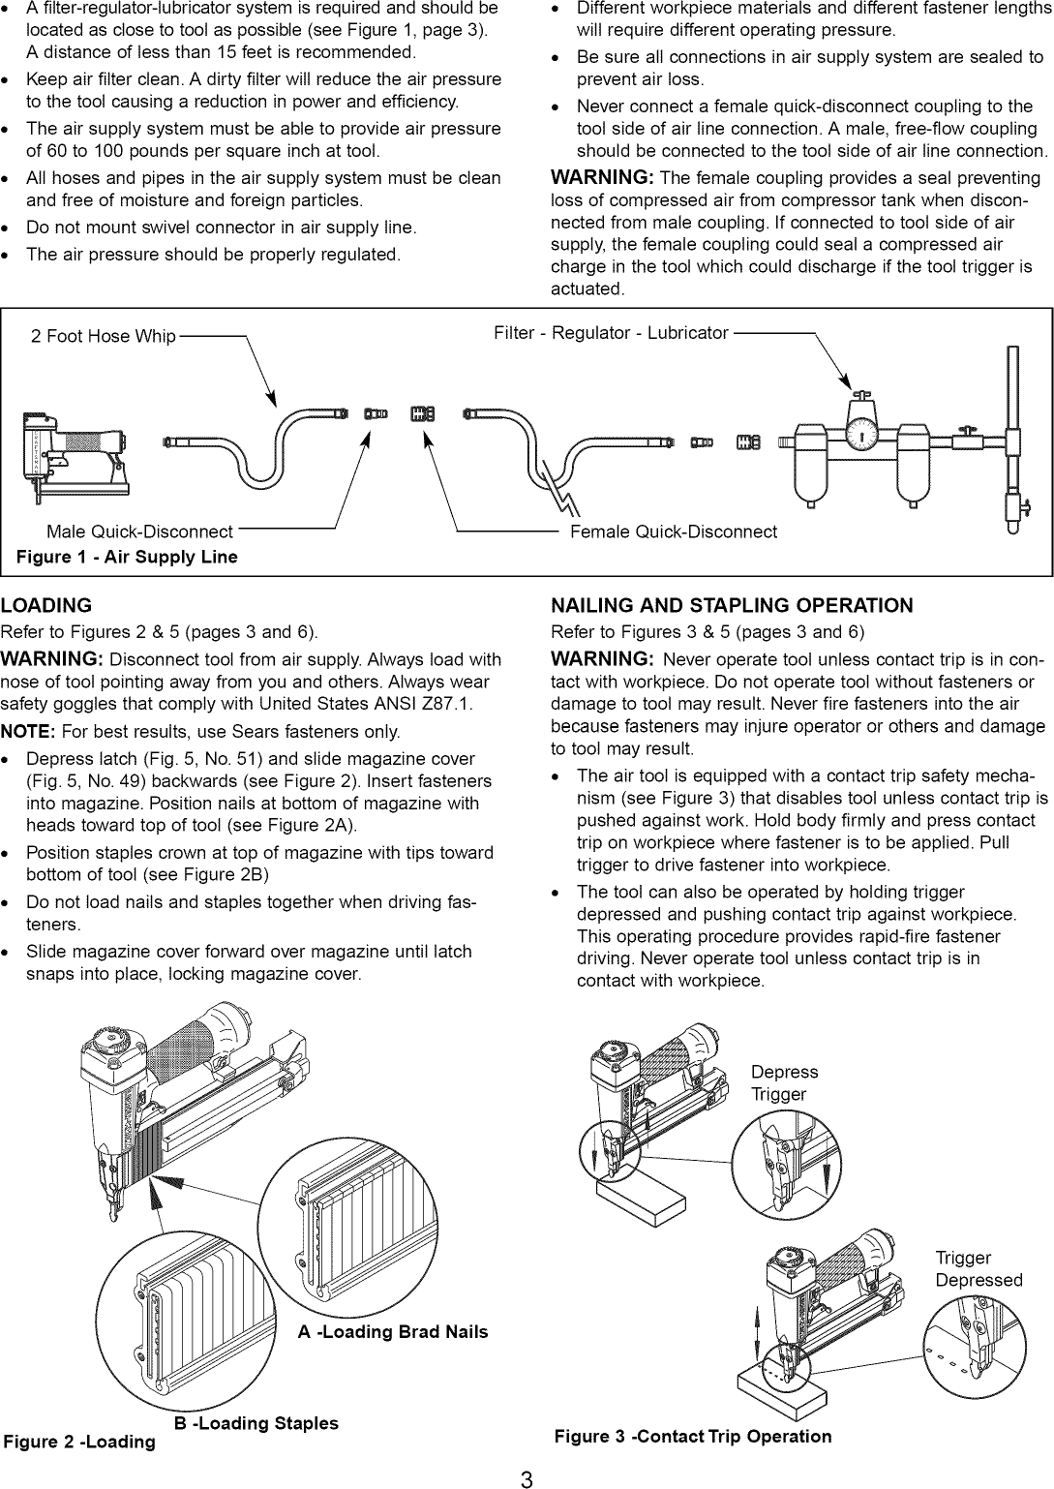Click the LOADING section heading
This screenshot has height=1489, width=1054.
[46, 606]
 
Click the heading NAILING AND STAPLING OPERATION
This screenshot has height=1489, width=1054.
[731, 606]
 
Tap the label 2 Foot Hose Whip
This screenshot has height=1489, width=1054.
[104, 336]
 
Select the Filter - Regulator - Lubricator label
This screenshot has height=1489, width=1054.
[611, 333]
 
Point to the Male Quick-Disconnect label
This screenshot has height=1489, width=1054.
[139, 532]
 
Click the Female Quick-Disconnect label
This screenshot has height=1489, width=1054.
[674, 532]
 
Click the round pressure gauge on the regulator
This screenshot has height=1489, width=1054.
[860, 435]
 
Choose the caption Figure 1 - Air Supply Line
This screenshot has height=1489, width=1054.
[127, 557]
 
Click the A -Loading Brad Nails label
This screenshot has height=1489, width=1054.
[393, 1332]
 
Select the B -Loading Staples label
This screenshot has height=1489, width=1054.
[256, 1423]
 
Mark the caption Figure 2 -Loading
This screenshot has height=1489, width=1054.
[79, 1443]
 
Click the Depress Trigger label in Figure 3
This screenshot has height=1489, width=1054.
[784, 1083]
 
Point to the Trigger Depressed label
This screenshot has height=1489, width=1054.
[978, 1269]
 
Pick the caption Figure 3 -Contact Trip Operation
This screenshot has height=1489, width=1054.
[693, 1437]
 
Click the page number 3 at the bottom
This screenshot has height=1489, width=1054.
[527, 1478]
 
